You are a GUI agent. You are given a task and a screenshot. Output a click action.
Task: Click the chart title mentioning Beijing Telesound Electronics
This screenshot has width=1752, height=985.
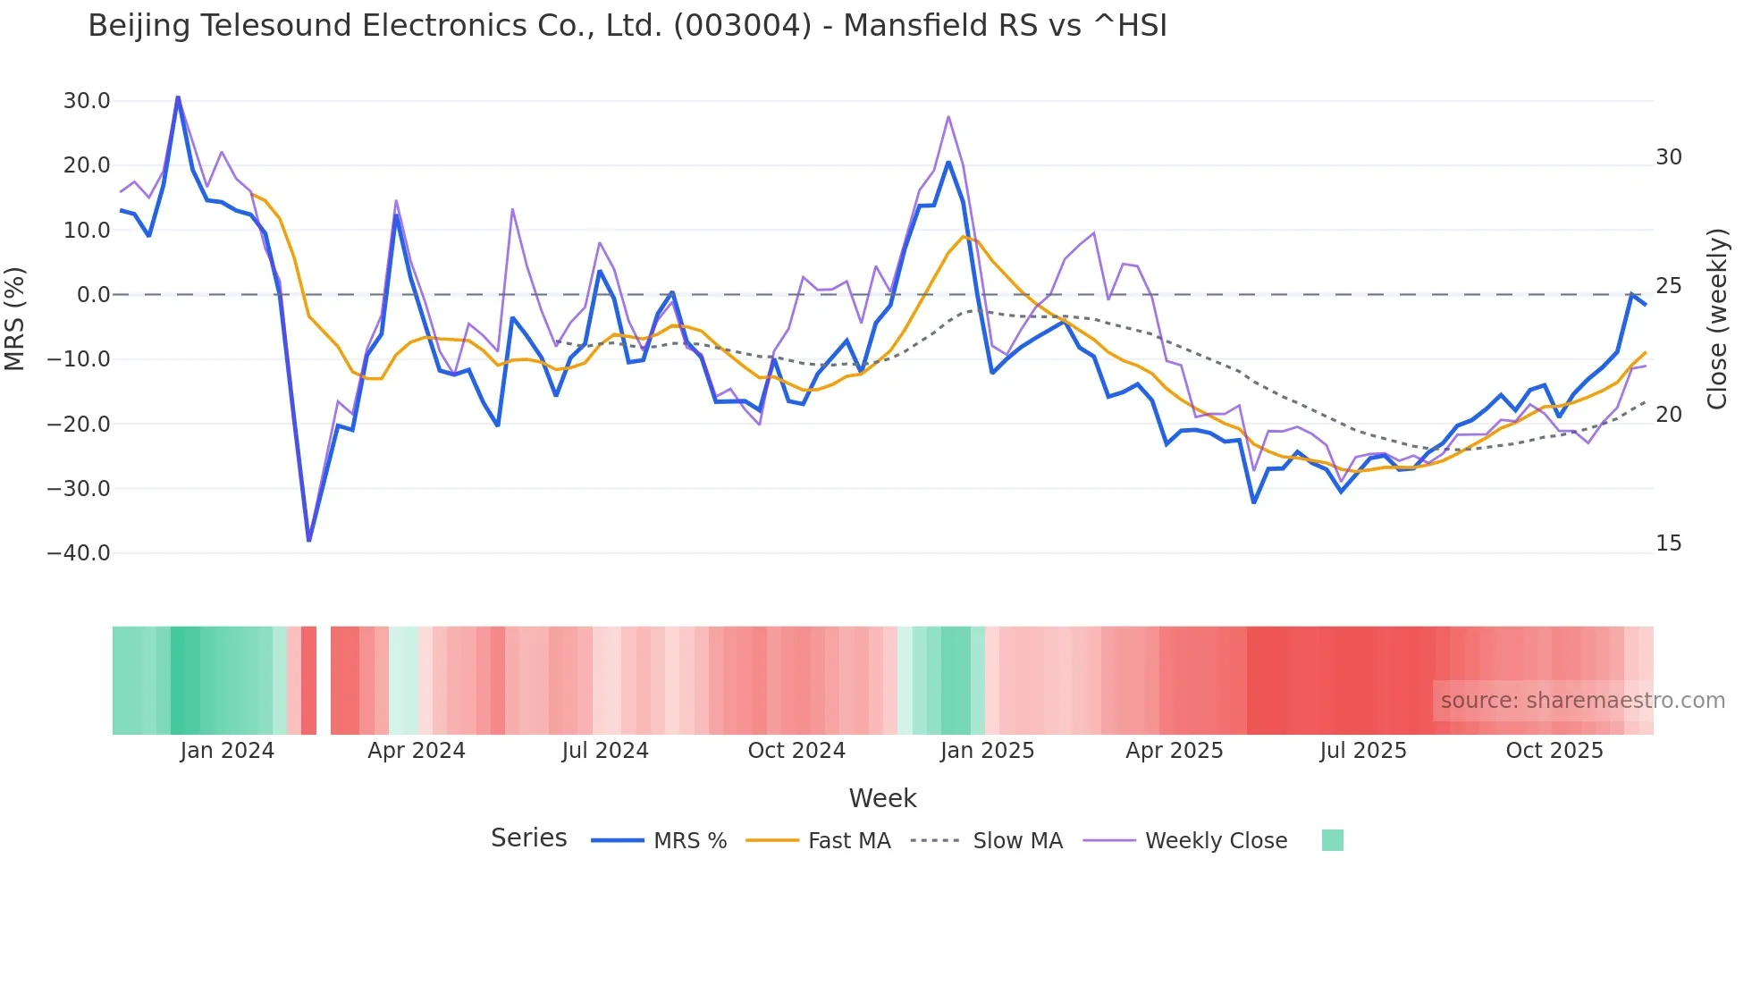pyautogui.click(x=628, y=26)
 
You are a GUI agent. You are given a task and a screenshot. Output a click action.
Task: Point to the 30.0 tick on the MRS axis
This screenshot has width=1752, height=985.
pyautogui.click(x=87, y=101)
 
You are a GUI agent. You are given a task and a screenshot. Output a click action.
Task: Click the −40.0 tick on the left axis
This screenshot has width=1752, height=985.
pyautogui.click(x=79, y=553)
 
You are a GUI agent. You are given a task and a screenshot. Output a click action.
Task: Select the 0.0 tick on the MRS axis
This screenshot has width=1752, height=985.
pyautogui.click(x=93, y=295)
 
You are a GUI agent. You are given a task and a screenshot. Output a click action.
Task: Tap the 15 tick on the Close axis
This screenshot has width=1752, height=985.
pyautogui.click(x=1668, y=543)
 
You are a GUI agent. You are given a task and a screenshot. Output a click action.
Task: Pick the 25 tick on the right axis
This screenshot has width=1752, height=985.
pyautogui.click(x=1668, y=286)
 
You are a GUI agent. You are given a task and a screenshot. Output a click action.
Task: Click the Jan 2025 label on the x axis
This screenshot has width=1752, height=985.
pyautogui.click(x=987, y=751)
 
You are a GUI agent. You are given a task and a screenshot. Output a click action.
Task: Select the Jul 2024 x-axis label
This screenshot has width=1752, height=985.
pyautogui.click(x=605, y=751)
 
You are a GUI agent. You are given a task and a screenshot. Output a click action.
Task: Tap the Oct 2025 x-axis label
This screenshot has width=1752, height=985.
pyautogui.click(x=1554, y=751)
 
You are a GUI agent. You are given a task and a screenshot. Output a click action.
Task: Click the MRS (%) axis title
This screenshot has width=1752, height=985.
pyautogui.click(x=15, y=319)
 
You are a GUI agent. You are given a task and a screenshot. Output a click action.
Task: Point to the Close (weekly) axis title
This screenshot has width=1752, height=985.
pyautogui.click(x=1717, y=319)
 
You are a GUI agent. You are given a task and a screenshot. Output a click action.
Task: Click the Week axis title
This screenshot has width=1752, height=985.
pyautogui.click(x=882, y=798)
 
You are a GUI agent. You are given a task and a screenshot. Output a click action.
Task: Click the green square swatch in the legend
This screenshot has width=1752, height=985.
pyautogui.click(x=1332, y=840)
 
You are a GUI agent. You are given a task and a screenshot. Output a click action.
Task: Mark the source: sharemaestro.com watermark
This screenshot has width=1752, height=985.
pyautogui.click(x=1582, y=701)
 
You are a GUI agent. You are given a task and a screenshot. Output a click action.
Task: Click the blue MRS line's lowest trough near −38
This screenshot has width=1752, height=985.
pyautogui.click(x=309, y=540)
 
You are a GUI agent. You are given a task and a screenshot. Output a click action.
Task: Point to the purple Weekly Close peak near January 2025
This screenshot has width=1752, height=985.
pyautogui.click(x=948, y=117)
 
